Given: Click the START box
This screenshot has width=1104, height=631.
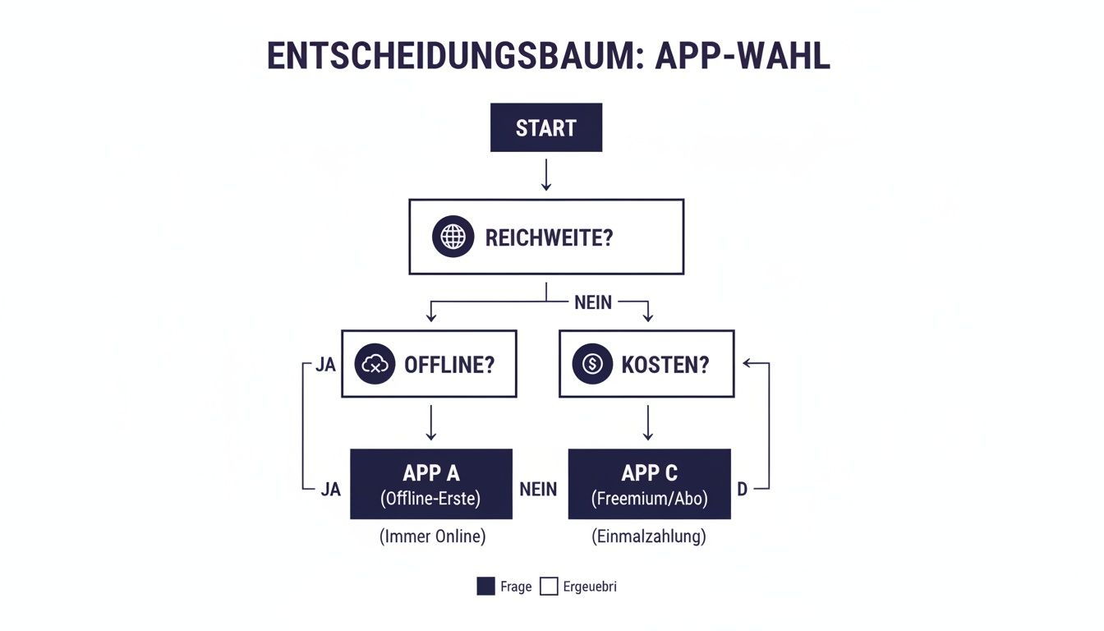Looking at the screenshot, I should [x=546, y=127].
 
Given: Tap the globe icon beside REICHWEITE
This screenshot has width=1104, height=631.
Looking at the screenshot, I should [x=453, y=237].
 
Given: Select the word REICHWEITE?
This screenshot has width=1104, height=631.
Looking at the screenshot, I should [x=549, y=237].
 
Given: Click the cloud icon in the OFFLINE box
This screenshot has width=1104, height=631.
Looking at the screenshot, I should [x=375, y=365].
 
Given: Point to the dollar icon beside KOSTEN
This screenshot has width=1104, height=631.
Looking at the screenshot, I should [x=592, y=365].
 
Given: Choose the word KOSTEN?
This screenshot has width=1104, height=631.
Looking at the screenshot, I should [x=665, y=365].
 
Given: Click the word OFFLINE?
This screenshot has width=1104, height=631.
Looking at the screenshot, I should [x=449, y=365].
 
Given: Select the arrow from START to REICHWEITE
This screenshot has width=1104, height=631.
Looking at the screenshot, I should [x=546, y=174].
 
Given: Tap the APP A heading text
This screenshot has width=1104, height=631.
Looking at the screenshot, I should [x=431, y=472].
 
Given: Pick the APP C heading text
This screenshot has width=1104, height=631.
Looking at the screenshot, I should [x=649, y=472].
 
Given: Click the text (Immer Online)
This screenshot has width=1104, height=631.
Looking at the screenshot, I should [x=432, y=537].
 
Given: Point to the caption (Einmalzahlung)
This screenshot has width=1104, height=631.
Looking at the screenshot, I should [x=649, y=537].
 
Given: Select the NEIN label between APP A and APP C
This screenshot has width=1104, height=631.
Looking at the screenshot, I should [x=539, y=489].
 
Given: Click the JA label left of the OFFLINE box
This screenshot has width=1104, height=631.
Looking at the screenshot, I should [x=326, y=365].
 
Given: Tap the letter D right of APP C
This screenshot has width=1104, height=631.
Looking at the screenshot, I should [x=742, y=489].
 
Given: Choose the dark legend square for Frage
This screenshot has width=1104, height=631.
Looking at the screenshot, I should [x=485, y=587].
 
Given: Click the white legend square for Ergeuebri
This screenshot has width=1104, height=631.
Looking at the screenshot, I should [x=549, y=587].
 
